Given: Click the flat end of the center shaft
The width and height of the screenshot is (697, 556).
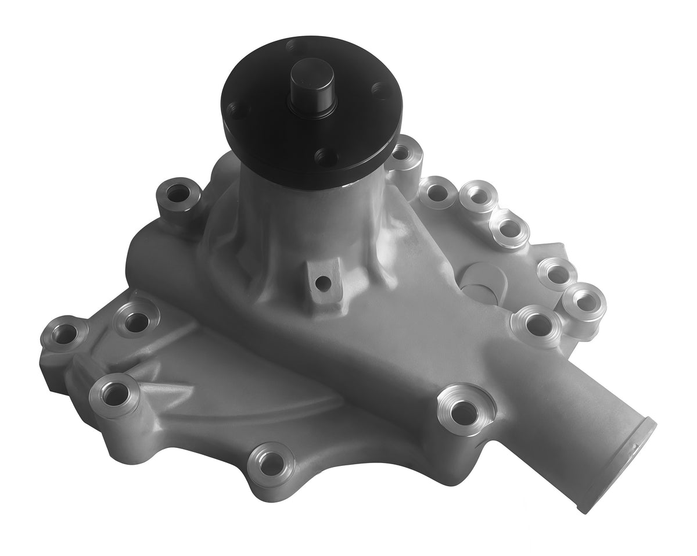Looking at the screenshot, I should click(309, 74).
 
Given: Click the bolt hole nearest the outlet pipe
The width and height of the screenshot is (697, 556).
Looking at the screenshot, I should click(459, 410).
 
